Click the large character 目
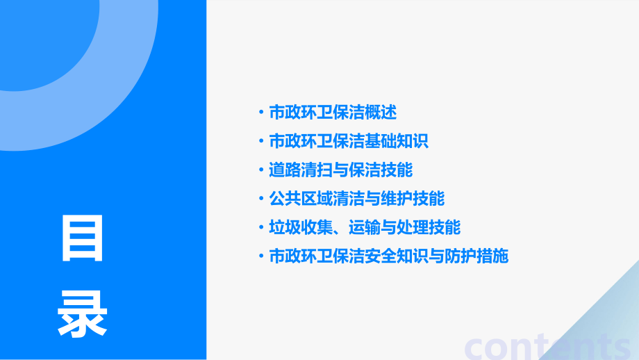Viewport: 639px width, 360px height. [x=83, y=238]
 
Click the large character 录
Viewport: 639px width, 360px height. [x=83, y=313]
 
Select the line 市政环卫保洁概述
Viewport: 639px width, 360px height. [x=332, y=112]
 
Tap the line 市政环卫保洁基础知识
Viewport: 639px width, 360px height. [x=348, y=141]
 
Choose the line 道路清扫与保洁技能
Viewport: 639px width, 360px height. [x=340, y=170]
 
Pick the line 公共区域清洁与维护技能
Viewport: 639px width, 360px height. [x=356, y=199]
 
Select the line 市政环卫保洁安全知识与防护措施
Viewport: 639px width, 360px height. [x=388, y=256]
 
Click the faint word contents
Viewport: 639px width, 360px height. [x=549, y=345]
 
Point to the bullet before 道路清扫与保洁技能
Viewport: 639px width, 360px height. [x=260, y=170]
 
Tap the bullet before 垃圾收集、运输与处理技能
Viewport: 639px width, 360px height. [x=260, y=227]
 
